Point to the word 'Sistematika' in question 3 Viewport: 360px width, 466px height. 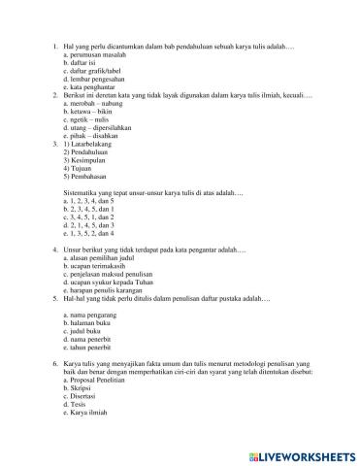click(78, 194)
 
